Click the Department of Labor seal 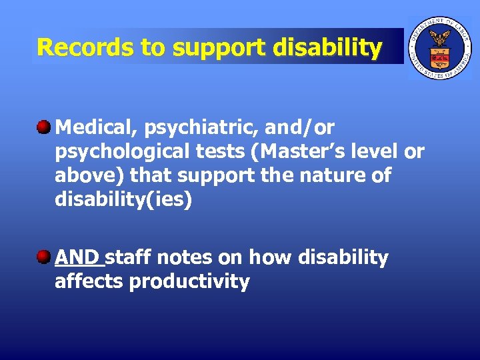[x=439, y=47]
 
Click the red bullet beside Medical [x=45, y=127]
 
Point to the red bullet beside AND [x=45, y=257]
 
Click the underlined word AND [x=77, y=257]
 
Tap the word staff [x=129, y=257]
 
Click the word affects [x=89, y=281]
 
